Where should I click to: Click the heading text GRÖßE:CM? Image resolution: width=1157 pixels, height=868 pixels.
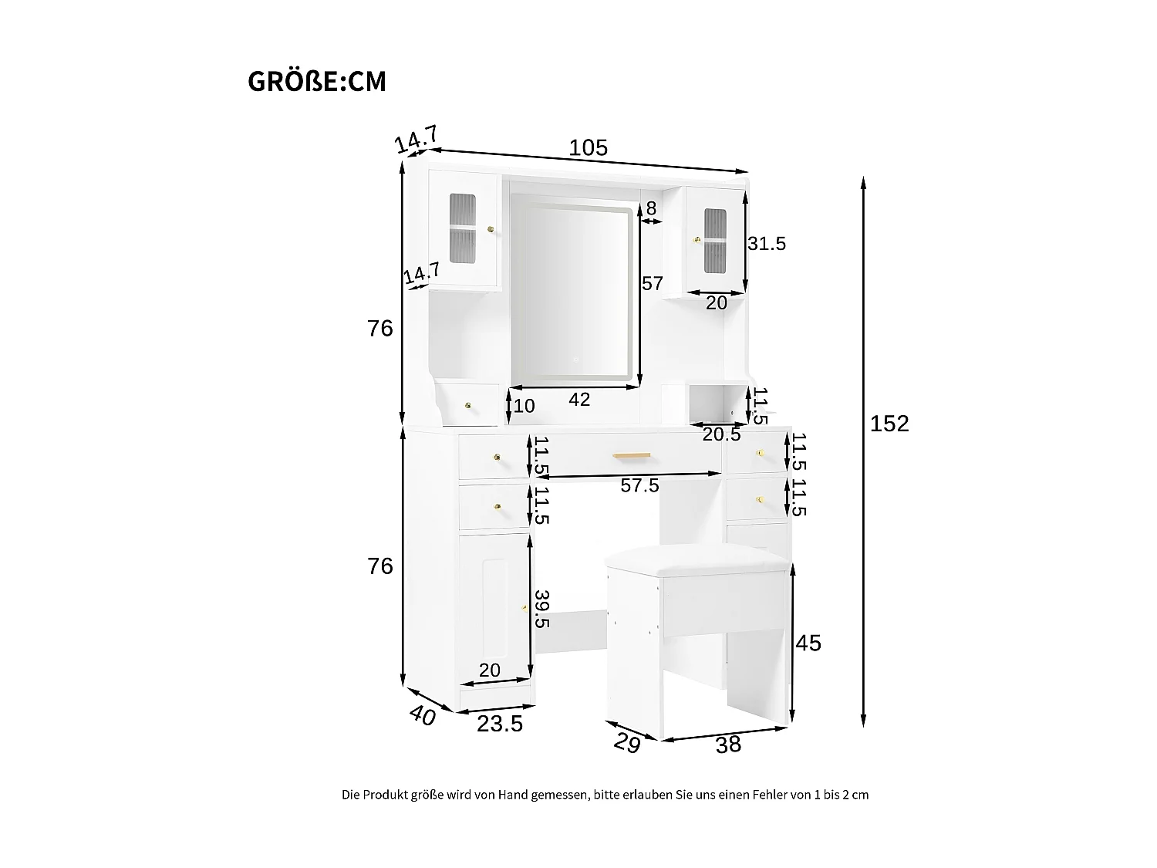(317, 81)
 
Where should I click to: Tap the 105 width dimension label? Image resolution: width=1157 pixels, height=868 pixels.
(589, 147)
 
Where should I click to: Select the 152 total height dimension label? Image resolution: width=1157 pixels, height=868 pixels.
(889, 424)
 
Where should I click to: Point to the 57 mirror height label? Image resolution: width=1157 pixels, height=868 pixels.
(652, 283)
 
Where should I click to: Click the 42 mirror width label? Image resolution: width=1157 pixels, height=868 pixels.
(579, 400)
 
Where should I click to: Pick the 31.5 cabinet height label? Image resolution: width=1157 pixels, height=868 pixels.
(767, 244)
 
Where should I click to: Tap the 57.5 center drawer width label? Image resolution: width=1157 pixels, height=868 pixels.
(639, 485)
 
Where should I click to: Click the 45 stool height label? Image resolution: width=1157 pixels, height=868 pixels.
(808, 643)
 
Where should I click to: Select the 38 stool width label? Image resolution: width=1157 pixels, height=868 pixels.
(728, 745)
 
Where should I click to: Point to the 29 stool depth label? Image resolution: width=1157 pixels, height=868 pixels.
(628, 743)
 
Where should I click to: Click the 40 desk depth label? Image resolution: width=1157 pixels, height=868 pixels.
(423, 716)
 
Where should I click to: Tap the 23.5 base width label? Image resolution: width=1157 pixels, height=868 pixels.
(500, 724)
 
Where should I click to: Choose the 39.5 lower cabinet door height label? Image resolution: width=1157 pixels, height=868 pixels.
(542, 610)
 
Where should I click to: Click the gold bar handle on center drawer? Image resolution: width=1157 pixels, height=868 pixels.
(632, 455)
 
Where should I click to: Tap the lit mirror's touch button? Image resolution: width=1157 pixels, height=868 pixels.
(576, 360)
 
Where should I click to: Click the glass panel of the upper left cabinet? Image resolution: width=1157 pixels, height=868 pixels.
(462, 228)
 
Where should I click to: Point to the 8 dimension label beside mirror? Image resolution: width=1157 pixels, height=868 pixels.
(652, 208)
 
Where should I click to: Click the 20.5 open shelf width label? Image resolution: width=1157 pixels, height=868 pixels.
(722, 434)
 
